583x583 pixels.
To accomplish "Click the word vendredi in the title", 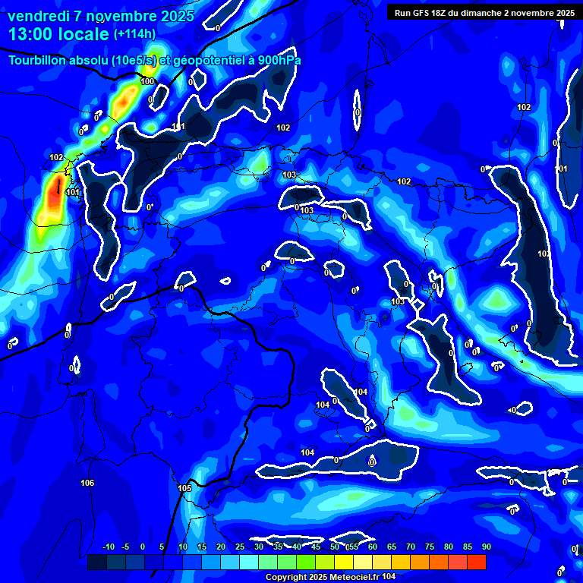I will (36, 16).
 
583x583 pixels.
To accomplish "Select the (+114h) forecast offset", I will (134, 34).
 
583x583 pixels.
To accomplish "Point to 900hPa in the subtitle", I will (278, 60).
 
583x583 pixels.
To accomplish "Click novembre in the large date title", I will (123, 16).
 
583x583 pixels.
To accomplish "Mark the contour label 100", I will (147, 81).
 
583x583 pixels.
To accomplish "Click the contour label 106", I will (87, 484).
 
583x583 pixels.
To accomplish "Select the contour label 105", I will (184, 488).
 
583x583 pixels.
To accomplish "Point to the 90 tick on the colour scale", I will (486, 547).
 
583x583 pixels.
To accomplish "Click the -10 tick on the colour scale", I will (108, 547).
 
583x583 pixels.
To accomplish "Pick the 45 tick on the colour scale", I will (315, 547).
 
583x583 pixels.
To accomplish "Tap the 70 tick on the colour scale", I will (410, 547).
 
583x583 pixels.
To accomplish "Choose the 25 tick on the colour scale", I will (239, 547).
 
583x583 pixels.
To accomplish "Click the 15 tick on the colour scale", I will (201, 547).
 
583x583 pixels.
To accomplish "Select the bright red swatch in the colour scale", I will (477, 562).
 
